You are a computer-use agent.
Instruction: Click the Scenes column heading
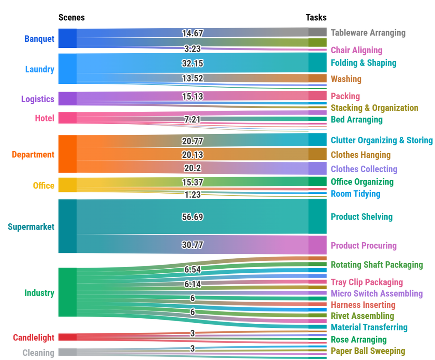tap(71, 17)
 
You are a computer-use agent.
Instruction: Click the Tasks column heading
tap(316, 17)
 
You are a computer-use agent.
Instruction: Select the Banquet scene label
tap(39, 38)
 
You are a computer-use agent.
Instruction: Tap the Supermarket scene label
tap(31, 227)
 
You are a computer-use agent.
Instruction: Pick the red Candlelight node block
tap(67, 337)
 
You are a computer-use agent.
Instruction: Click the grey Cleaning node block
tap(67, 352)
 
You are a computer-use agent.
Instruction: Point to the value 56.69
tap(193, 217)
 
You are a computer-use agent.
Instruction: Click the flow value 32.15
tap(193, 63)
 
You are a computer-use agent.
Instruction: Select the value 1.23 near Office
tap(193, 194)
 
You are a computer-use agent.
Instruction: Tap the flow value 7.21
tap(193, 119)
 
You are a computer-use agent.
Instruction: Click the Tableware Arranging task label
tap(368, 33)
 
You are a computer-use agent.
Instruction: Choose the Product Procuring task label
tap(364, 245)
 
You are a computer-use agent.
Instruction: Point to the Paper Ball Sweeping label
tap(368, 351)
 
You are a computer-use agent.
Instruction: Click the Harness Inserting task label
tap(363, 305)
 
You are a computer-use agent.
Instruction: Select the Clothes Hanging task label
tap(361, 155)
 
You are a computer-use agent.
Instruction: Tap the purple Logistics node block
tap(67, 99)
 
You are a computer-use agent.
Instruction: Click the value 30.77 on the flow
tap(193, 245)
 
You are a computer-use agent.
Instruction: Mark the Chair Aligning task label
tap(356, 50)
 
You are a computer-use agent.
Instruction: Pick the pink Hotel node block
tap(67, 118)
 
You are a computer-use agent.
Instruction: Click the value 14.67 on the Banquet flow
tap(193, 33)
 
